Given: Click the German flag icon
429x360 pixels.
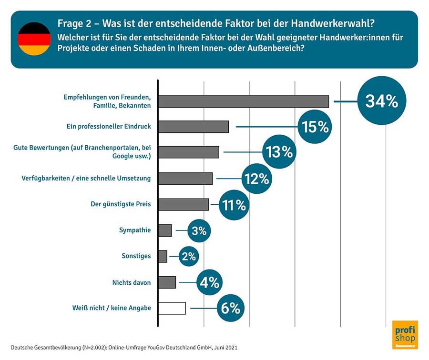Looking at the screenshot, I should tap(34, 39).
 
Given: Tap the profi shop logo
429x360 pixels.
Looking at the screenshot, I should tap(405, 335).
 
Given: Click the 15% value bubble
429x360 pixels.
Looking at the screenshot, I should tap(315, 127).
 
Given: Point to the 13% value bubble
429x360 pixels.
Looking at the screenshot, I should tap(279, 152).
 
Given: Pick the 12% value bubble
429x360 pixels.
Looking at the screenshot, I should tap(256, 179).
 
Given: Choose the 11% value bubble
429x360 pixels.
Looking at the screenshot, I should tap(234, 205).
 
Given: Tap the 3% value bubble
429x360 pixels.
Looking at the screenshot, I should tap(199, 230).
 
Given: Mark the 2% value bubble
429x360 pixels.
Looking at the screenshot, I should tap(189, 256).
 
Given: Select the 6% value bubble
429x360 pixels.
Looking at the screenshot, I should tap(230, 308).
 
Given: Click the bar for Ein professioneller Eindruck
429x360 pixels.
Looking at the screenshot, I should tap(193, 127).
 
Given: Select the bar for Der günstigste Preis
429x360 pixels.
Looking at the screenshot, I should tap(183, 205).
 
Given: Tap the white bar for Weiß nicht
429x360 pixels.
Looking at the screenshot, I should tap(172, 308).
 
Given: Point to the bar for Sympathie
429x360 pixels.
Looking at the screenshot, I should tap(165, 230).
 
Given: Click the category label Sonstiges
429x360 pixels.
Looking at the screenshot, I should tap(136, 256).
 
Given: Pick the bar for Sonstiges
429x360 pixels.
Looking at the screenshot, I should tap(163, 256).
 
